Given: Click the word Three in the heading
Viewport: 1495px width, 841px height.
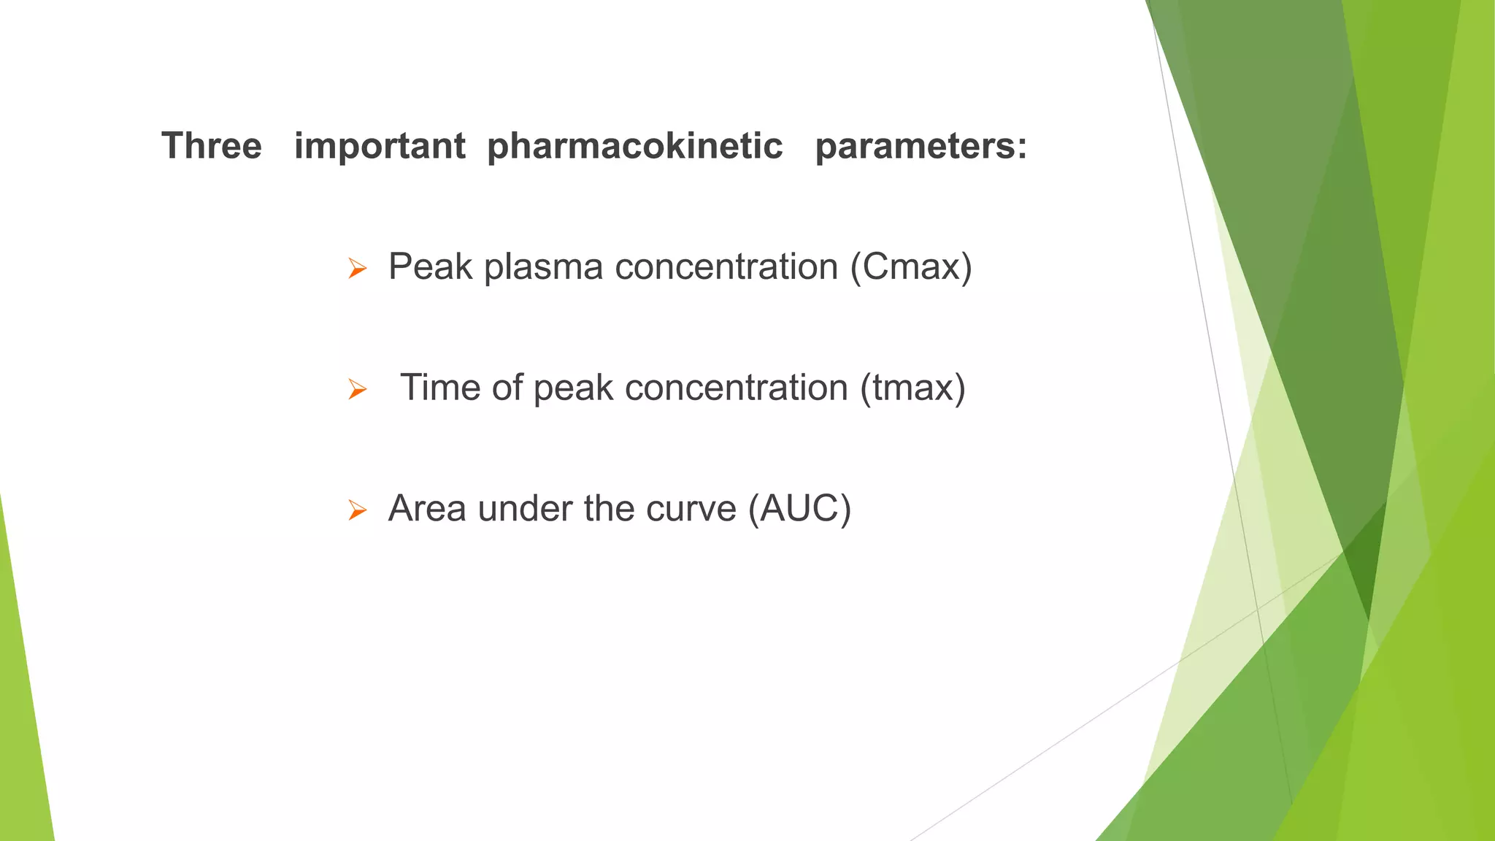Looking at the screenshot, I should point(211,145).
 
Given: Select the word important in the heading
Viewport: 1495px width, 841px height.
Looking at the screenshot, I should point(379,145).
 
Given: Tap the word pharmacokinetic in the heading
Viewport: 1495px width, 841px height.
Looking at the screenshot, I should point(634,145).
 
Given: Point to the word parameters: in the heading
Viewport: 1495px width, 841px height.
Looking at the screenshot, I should point(921,145).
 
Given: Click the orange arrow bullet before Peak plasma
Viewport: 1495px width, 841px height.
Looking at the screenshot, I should point(357,269).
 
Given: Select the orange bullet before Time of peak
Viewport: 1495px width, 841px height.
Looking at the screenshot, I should point(357,390).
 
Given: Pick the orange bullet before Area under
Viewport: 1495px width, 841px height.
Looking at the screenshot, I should point(357,510).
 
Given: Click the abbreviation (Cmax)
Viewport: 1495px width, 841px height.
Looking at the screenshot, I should point(911,266).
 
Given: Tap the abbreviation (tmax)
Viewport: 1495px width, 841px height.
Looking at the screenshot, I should point(912,388).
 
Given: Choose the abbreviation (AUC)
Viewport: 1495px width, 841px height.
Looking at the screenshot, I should point(799,508).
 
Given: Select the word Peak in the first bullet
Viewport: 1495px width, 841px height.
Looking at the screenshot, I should point(430,266).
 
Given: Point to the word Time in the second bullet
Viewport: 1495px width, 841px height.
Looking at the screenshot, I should point(441,388).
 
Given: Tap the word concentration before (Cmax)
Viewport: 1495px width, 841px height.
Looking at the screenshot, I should point(726,266).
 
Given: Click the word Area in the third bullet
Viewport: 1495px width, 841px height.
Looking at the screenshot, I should point(427,508).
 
